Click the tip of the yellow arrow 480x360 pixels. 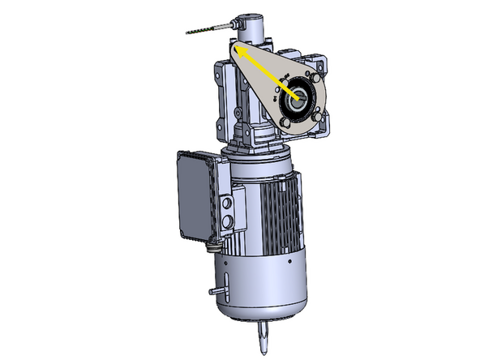237,48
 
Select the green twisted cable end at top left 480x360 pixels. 199,31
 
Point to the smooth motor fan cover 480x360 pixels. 259,284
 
